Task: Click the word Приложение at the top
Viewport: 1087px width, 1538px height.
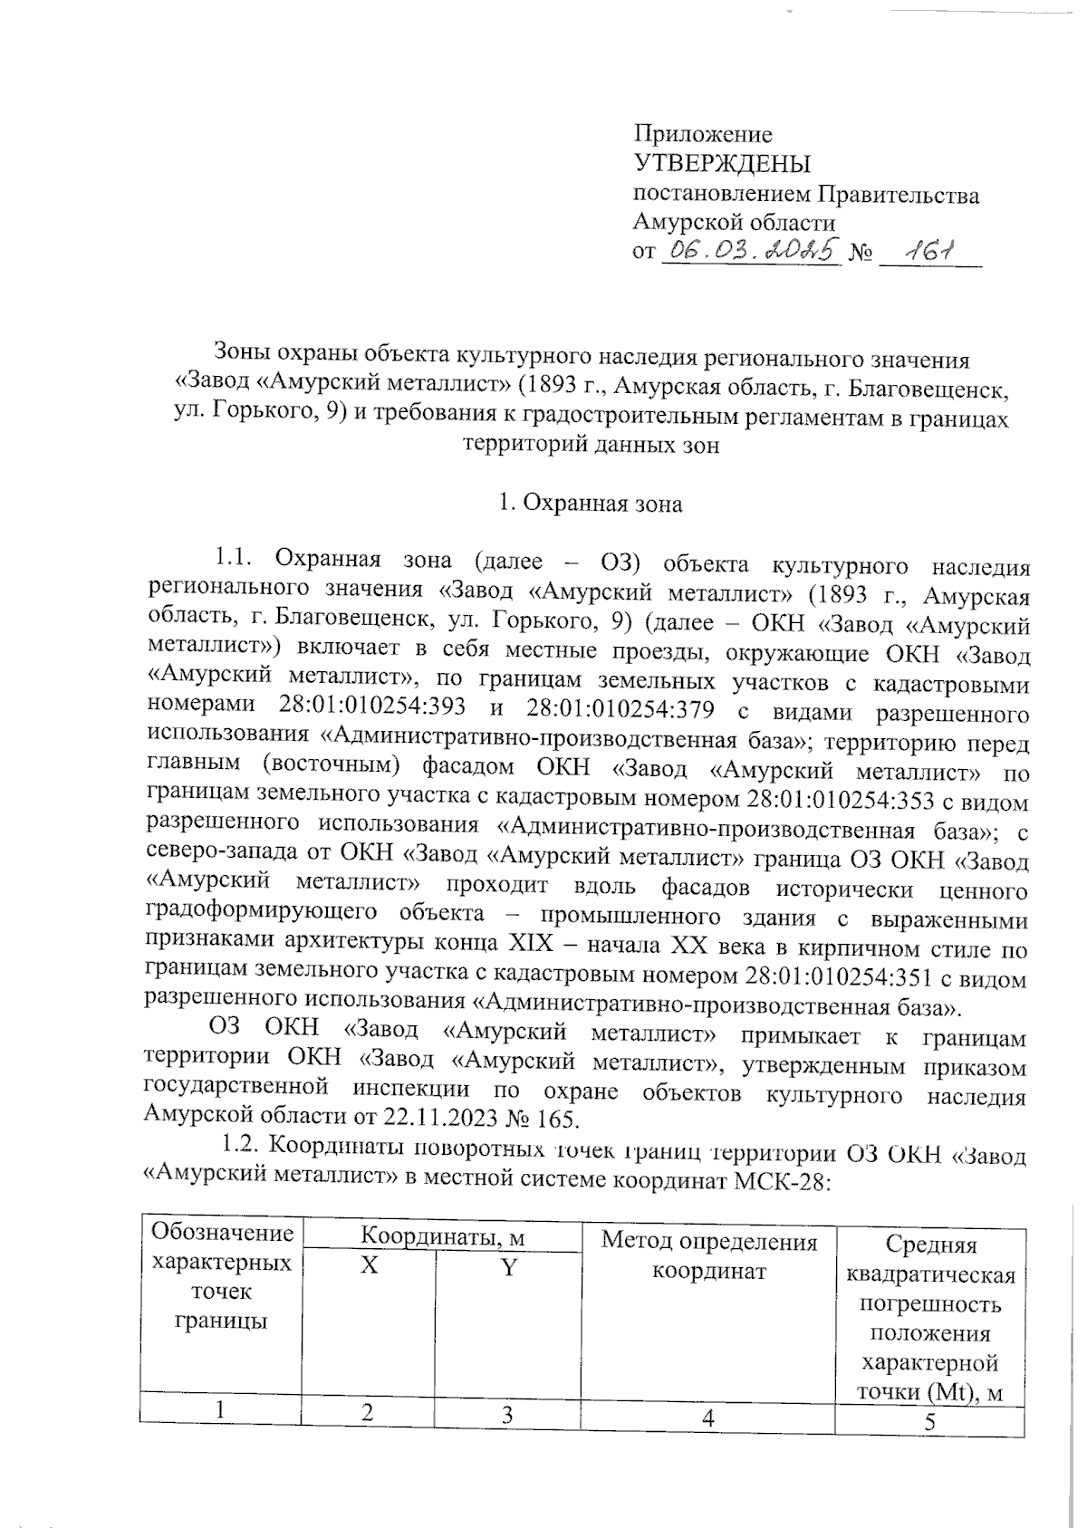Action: [703, 135]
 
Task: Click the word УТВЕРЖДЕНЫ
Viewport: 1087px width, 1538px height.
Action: [721, 164]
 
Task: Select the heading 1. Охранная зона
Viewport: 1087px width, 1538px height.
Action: [591, 504]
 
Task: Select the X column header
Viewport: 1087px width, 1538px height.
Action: [369, 1266]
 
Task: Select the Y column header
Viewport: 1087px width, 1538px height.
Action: [509, 1266]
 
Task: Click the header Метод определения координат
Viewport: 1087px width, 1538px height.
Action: [709, 1255]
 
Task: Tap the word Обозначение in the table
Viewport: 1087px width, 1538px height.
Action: [222, 1233]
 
